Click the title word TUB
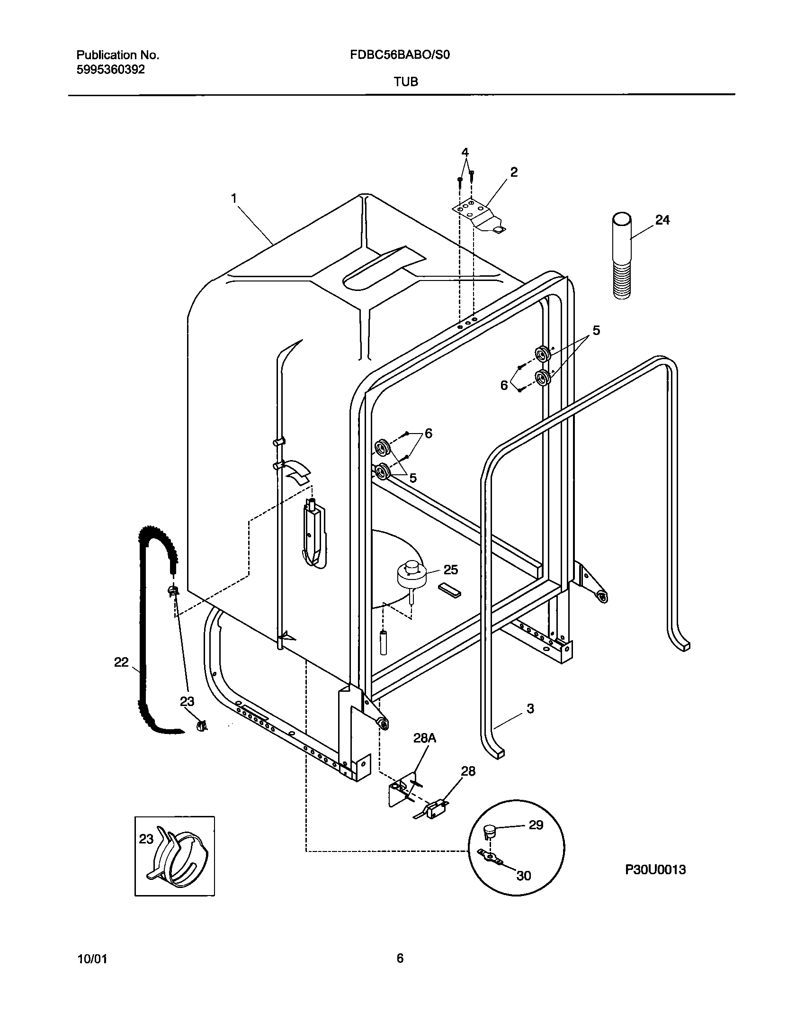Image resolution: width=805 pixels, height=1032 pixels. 406,82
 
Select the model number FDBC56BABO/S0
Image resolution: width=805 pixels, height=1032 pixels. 400,55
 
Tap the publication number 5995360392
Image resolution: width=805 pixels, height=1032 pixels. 110,70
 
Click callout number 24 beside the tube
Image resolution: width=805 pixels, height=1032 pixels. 662,220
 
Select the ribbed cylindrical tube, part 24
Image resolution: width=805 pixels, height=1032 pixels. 622,256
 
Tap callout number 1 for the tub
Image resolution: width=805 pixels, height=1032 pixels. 234,198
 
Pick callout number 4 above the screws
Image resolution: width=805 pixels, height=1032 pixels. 465,153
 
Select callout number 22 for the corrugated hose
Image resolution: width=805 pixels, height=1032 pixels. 121,662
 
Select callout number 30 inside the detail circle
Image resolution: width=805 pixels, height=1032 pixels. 523,876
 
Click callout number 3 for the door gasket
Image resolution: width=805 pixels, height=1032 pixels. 530,708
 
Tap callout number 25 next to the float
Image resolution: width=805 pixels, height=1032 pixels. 451,570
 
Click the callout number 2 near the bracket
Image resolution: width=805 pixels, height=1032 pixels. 514,172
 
